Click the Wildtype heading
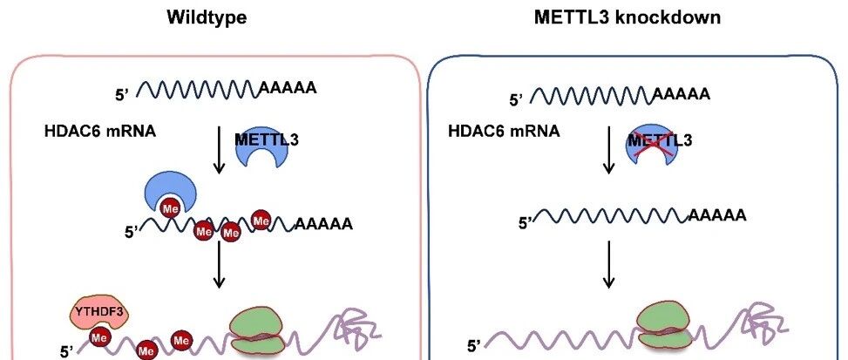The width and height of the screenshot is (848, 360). click(x=207, y=17)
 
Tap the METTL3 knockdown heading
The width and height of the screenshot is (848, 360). click(x=628, y=17)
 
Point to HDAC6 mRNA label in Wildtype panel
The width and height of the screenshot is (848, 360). click(x=100, y=131)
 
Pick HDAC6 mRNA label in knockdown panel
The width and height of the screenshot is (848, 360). click(x=504, y=131)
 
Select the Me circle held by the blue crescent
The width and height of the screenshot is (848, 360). click(x=170, y=208)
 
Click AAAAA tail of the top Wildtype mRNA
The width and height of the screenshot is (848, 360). click(x=288, y=87)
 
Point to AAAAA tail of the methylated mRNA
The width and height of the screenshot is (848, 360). click(x=323, y=224)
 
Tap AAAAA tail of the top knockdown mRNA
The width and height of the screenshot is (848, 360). click(x=681, y=95)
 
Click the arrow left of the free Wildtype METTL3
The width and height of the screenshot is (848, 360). click(x=219, y=150)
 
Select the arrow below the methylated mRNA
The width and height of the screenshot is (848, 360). click(x=219, y=264)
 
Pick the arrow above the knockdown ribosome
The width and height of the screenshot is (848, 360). click(x=608, y=264)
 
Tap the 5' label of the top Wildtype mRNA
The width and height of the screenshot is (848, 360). click(x=121, y=95)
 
